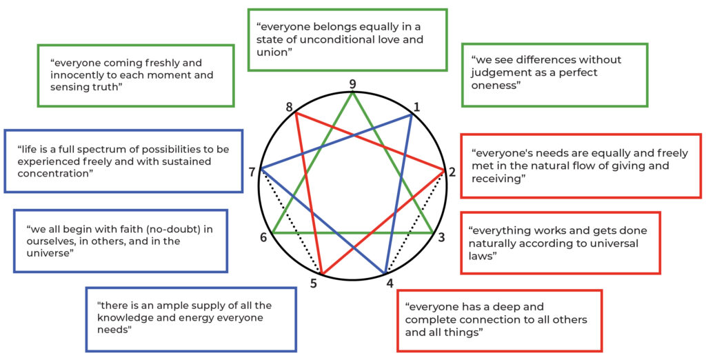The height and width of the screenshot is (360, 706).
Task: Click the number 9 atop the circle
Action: click(353, 84)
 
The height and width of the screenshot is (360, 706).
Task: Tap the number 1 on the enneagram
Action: click(416, 106)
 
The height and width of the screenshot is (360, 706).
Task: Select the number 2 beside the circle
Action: click(453, 172)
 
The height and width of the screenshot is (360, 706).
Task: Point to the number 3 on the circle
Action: click(441, 238)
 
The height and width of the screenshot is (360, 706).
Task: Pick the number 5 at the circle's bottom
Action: click(313, 283)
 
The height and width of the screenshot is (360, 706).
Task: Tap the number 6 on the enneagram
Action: click(263, 238)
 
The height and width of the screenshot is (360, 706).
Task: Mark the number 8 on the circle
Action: click(289, 107)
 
